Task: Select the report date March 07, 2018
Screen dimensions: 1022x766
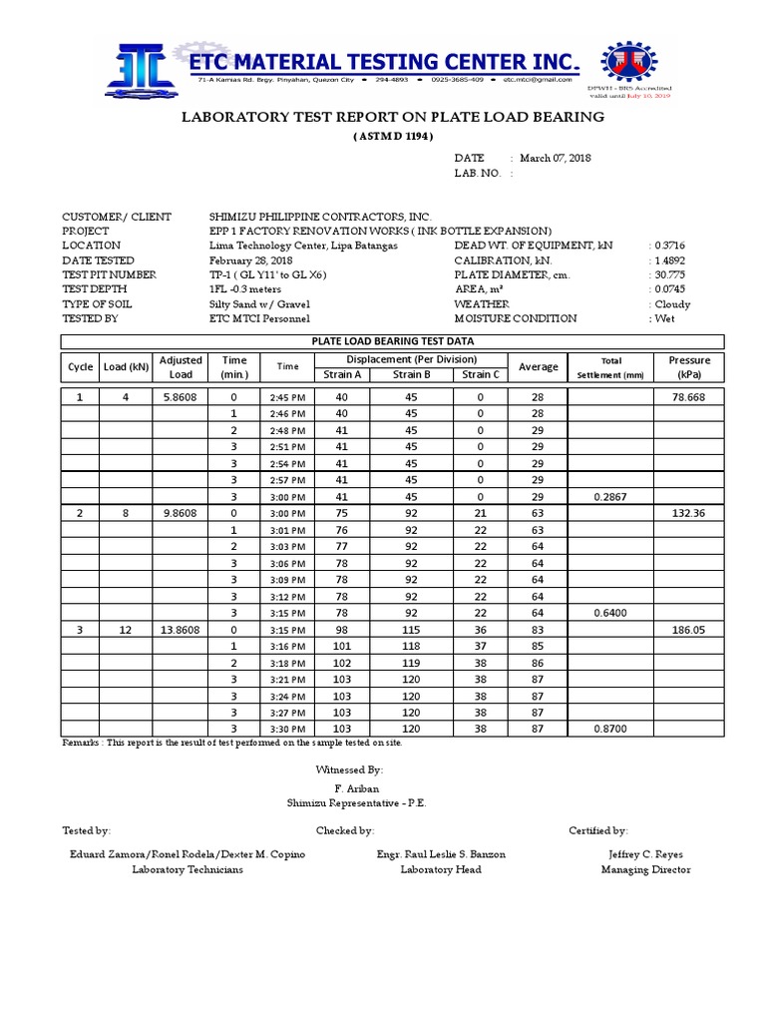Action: pos(555,158)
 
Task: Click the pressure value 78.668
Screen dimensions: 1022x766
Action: pos(689,397)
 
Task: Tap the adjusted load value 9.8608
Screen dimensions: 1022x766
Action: pos(181,512)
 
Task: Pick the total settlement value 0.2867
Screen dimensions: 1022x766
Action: pos(608,496)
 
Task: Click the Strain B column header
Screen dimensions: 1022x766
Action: pos(411,374)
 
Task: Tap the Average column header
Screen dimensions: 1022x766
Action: pos(538,367)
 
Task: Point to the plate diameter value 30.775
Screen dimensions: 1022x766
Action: pos(672,274)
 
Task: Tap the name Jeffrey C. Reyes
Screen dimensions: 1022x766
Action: pos(645,854)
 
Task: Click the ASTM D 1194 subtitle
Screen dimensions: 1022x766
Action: pos(392,136)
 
